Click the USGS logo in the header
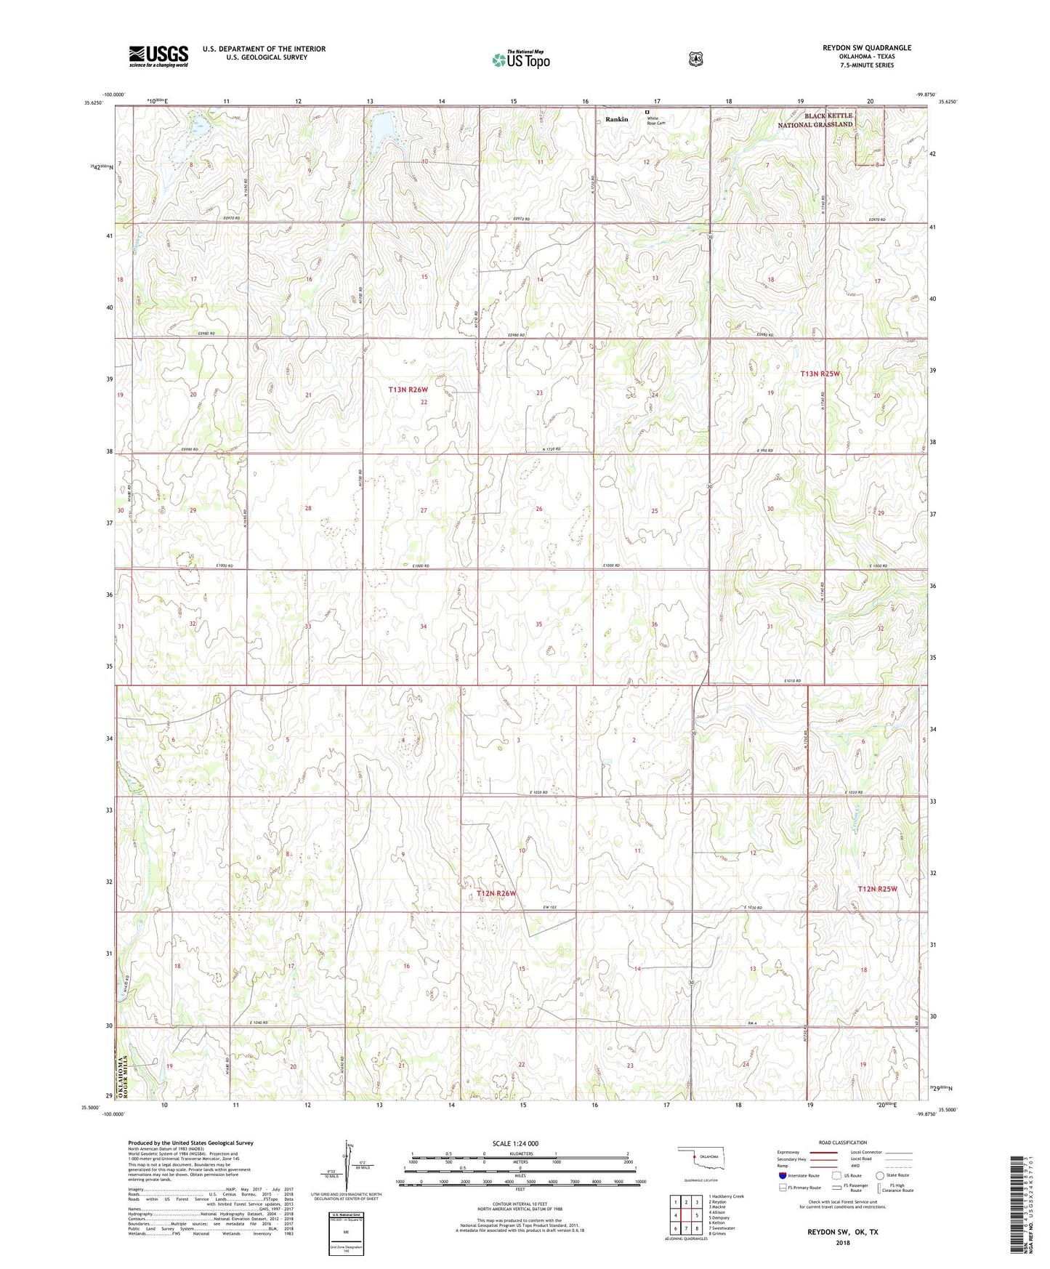[x=158, y=56]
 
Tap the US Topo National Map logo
[x=521, y=59]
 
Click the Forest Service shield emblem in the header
[x=696, y=59]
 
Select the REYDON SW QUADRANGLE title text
[x=857, y=48]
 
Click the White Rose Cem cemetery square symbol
[x=647, y=112]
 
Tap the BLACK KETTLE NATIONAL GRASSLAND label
[x=815, y=120]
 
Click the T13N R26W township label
[x=408, y=390]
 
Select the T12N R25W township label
[x=877, y=889]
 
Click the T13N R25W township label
[x=820, y=374]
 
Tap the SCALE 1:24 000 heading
[x=515, y=1143]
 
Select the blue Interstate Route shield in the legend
[x=782, y=1175]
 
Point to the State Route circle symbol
[x=880, y=1175]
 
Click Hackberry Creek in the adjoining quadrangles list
[x=727, y=1196]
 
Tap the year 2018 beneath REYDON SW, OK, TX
[x=842, y=1242]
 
